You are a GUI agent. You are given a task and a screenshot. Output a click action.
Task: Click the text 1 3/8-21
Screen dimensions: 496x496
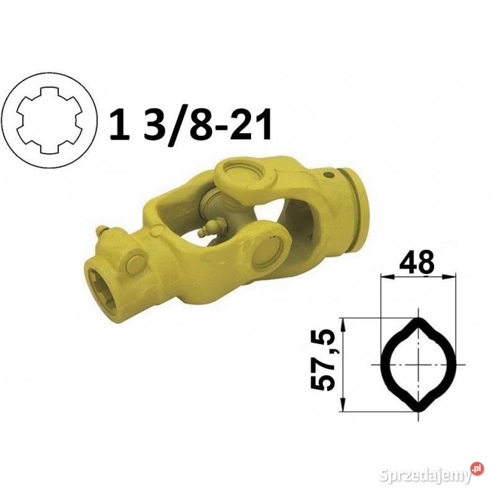coord(190,126)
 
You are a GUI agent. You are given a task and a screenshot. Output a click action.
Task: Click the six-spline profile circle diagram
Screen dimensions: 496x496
coord(50,120)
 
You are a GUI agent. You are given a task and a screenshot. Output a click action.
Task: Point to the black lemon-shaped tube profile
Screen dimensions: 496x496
coord(418,365)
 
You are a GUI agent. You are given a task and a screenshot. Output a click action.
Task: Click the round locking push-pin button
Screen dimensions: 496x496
coord(134,261)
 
